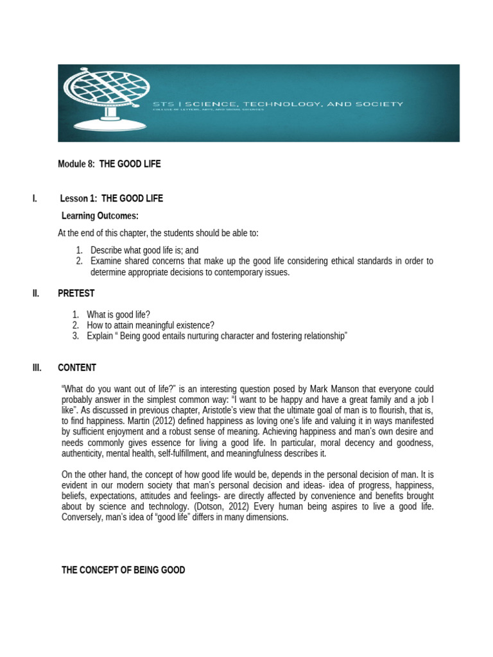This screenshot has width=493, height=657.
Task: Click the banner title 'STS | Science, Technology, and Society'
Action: point(277,103)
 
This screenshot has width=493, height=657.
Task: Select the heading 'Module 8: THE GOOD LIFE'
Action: point(109,164)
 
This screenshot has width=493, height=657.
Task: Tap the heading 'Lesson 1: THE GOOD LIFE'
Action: point(112,198)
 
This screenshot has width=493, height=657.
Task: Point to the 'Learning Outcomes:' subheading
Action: point(99,216)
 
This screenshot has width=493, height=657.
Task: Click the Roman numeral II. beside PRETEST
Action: point(36,293)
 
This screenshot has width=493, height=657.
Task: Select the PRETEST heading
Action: point(76,293)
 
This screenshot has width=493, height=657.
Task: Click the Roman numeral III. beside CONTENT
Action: point(37,368)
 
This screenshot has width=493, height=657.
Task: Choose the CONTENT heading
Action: point(77,368)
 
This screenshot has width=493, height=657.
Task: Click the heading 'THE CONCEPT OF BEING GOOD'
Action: point(123,570)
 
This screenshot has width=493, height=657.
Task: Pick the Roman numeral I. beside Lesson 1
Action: point(35,198)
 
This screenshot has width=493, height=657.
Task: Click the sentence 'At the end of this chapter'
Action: point(158,233)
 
